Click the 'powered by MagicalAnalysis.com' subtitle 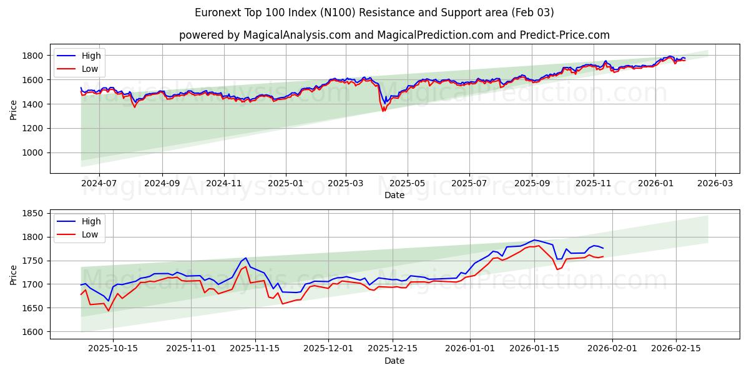pyautogui.click(x=394, y=35)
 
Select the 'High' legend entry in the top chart pyautogui.click(x=91, y=56)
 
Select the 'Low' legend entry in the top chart pyautogui.click(x=89, y=69)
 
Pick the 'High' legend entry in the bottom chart pyautogui.click(x=91, y=221)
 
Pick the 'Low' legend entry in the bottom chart pyautogui.click(x=89, y=234)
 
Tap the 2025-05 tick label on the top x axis pyautogui.click(x=408, y=184)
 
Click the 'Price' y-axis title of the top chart pyautogui.click(x=14, y=109)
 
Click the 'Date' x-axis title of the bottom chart pyautogui.click(x=394, y=361)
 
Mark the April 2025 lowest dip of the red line pyautogui.click(x=383, y=111)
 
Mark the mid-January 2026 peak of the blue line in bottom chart pyautogui.click(x=534, y=240)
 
